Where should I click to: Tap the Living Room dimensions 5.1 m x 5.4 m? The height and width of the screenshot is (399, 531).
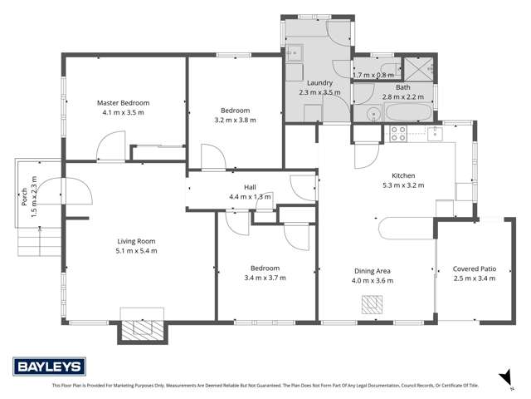click(137, 250)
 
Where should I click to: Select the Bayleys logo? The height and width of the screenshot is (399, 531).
click(47, 367)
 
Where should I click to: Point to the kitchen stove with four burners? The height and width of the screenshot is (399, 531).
click(398, 132)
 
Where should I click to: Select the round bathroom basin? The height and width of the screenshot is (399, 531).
click(369, 114)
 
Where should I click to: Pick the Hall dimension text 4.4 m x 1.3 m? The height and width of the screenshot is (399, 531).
click(250, 197)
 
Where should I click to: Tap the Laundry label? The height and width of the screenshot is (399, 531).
click(319, 83)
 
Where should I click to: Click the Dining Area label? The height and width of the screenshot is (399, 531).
click(373, 271)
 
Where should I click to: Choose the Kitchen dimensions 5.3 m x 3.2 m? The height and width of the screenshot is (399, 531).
click(403, 185)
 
